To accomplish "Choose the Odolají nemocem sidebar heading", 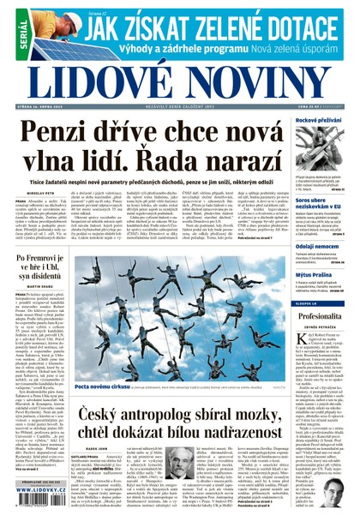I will [315, 246].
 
